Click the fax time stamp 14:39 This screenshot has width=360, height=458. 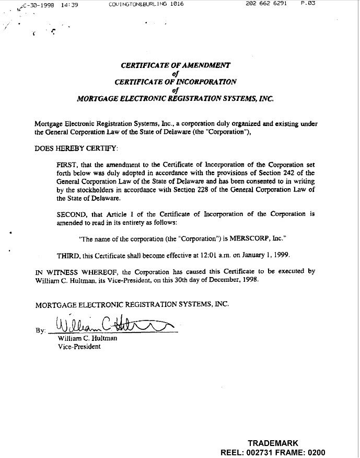click(x=69, y=4)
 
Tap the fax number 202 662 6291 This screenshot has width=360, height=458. click(x=266, y=4)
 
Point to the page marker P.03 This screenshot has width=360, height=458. click(x=309, y=4)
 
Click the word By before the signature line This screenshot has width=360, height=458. click(x=40, y=330)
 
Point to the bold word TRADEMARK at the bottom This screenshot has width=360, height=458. click(x=273, y=443)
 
